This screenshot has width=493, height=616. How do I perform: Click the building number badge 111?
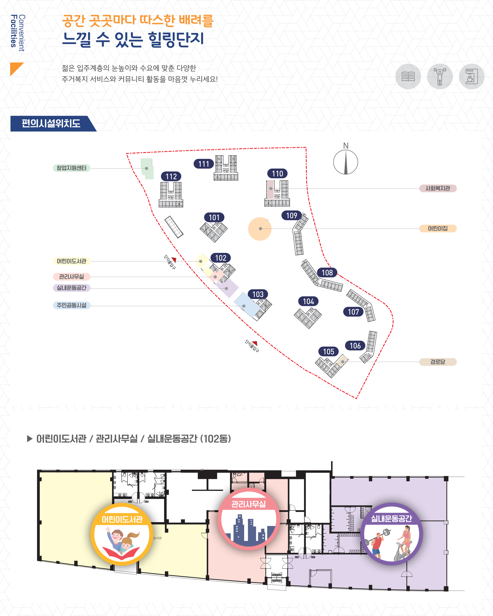point(204,164)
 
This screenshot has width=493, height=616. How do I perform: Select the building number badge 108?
point(327,273)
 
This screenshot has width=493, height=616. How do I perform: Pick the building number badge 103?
point(258,294)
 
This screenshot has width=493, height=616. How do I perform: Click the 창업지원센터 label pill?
point(71,168)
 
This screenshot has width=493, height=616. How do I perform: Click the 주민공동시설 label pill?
point(71,305)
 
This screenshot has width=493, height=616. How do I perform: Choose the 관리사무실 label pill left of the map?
point(71,277)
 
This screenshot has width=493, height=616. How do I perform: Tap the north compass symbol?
point(346,162)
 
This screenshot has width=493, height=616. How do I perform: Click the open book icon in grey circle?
point(408,77)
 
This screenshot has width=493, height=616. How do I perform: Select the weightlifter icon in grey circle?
point(440,77)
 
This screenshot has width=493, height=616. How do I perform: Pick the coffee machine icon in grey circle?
point(472,77)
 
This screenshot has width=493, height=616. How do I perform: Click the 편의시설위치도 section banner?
point(51,123)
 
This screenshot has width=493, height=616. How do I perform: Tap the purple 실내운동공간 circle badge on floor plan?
point(391,534)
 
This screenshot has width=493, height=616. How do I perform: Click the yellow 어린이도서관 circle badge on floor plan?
point(122,534)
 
